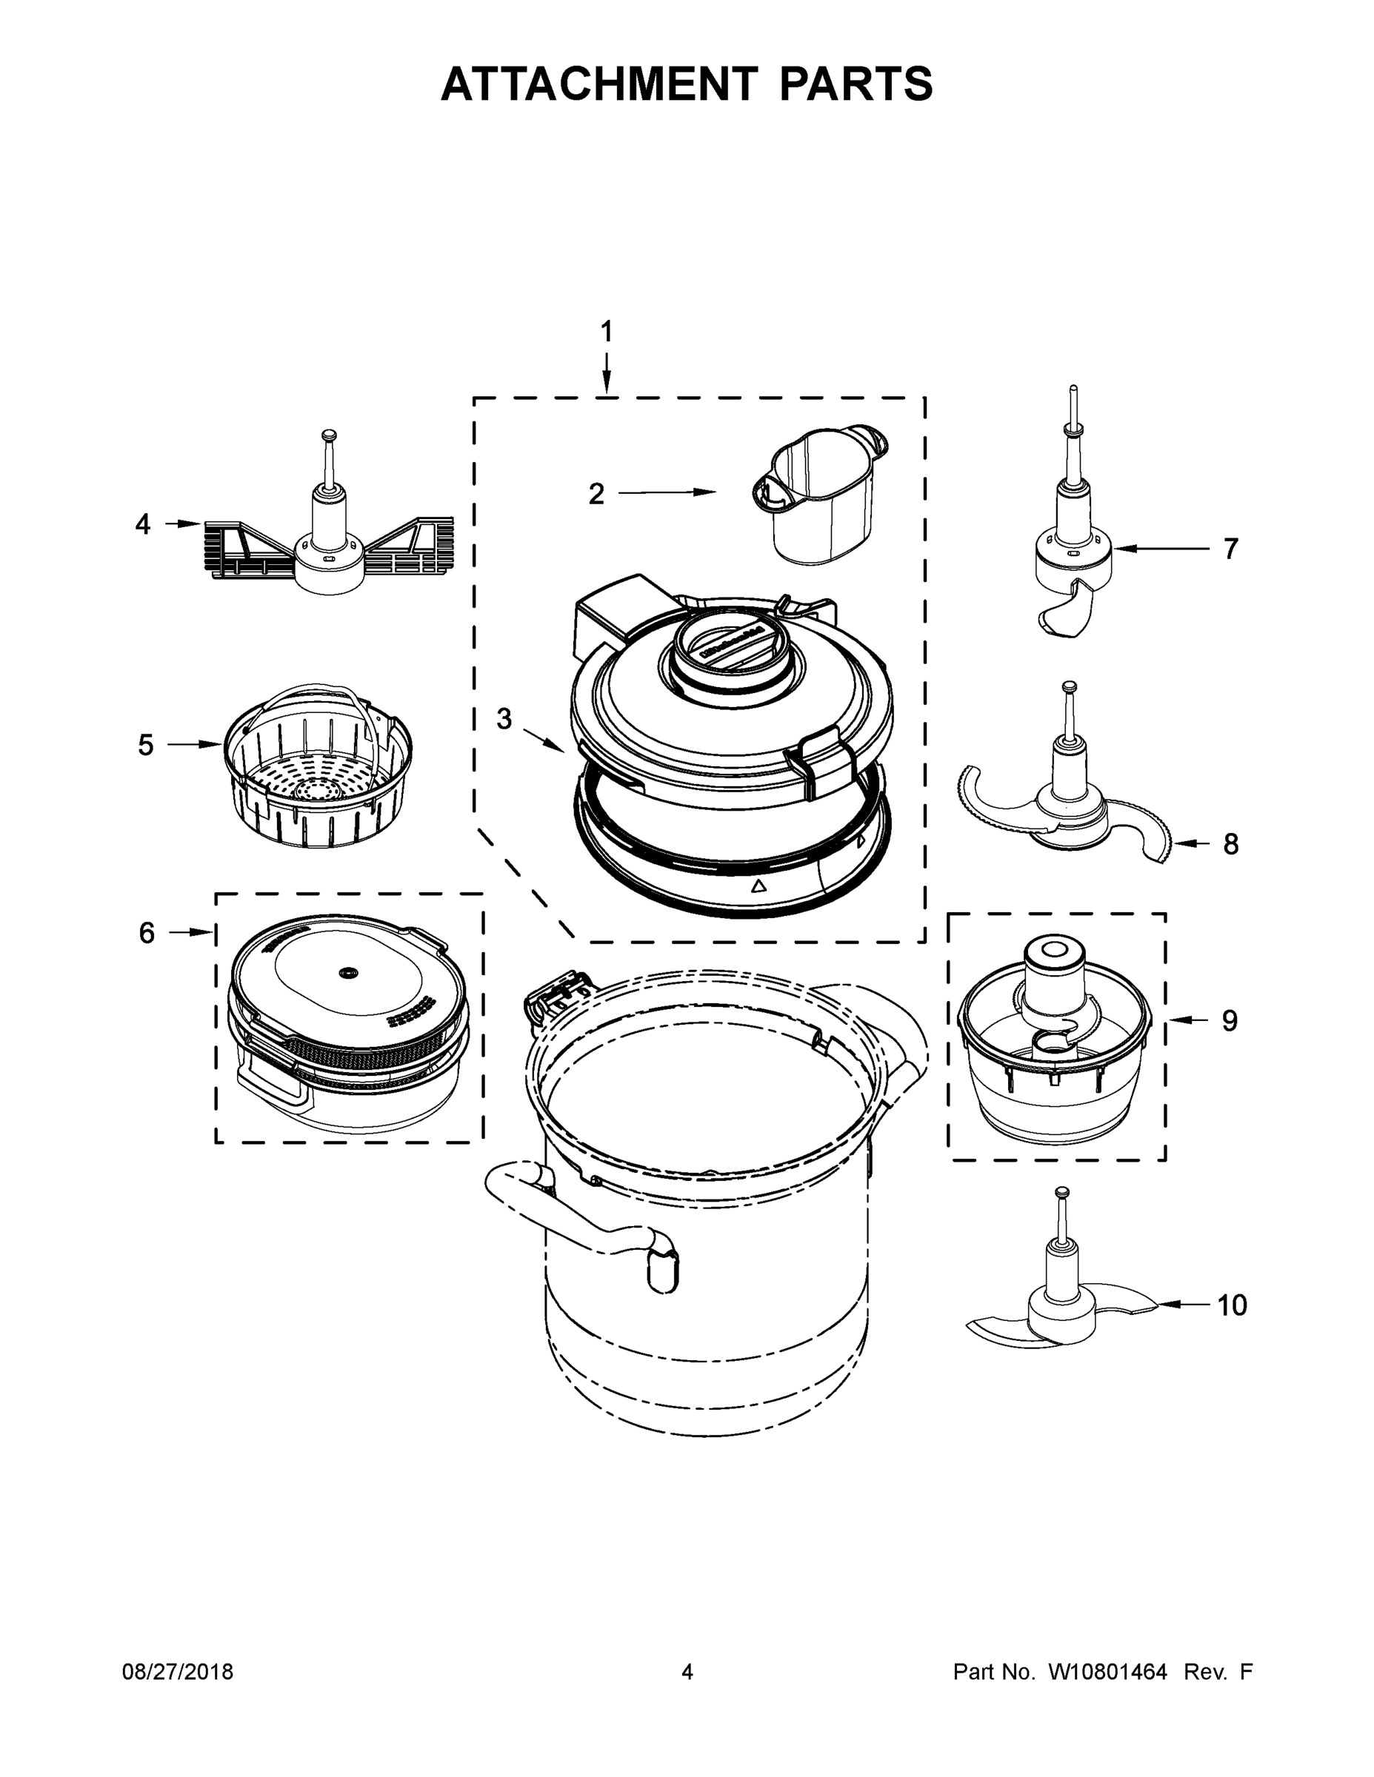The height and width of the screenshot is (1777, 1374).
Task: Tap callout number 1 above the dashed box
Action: click(x=606, y=331)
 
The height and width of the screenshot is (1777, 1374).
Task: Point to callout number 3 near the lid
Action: click(x=504, y=718)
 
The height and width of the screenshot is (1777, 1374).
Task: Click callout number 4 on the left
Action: click(x=142, y=525)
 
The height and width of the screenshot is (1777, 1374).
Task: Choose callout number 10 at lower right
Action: click(x=1232, y=1305)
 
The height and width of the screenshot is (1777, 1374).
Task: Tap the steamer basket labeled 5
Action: click(x=318, y=773)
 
